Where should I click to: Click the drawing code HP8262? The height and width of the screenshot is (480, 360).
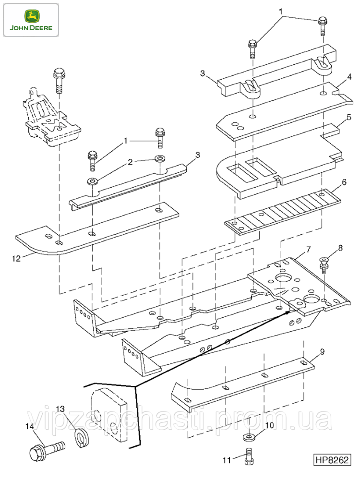click(332, 459)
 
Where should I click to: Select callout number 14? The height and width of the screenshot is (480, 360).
click(30, 426)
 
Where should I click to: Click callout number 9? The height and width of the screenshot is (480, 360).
click(322, 351)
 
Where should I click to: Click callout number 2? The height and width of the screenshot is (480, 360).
click(130, 162)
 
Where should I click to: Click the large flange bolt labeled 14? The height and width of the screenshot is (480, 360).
click(47, 451)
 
